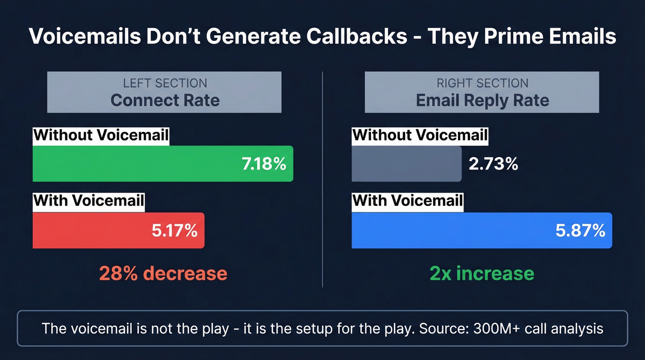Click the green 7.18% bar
(x=138, y=164)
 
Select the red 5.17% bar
(x=92, y=230)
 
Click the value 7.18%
(x=264, y=164)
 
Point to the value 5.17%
(x=175, y=230)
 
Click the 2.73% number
(x=493, y=164)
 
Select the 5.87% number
(x=580, y=230)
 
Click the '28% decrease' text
(x=163, y=273)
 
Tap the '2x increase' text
(x=482, y=273)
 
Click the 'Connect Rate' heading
(x=165, y=100)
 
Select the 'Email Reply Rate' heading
(x=482, y=100)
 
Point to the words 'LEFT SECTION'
(x=165, y=83)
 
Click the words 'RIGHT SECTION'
(x=482, y=83)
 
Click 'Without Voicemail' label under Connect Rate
(x=101, y=136)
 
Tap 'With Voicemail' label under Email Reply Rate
(x=407, y=201)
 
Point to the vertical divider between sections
(x=322, y=180)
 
